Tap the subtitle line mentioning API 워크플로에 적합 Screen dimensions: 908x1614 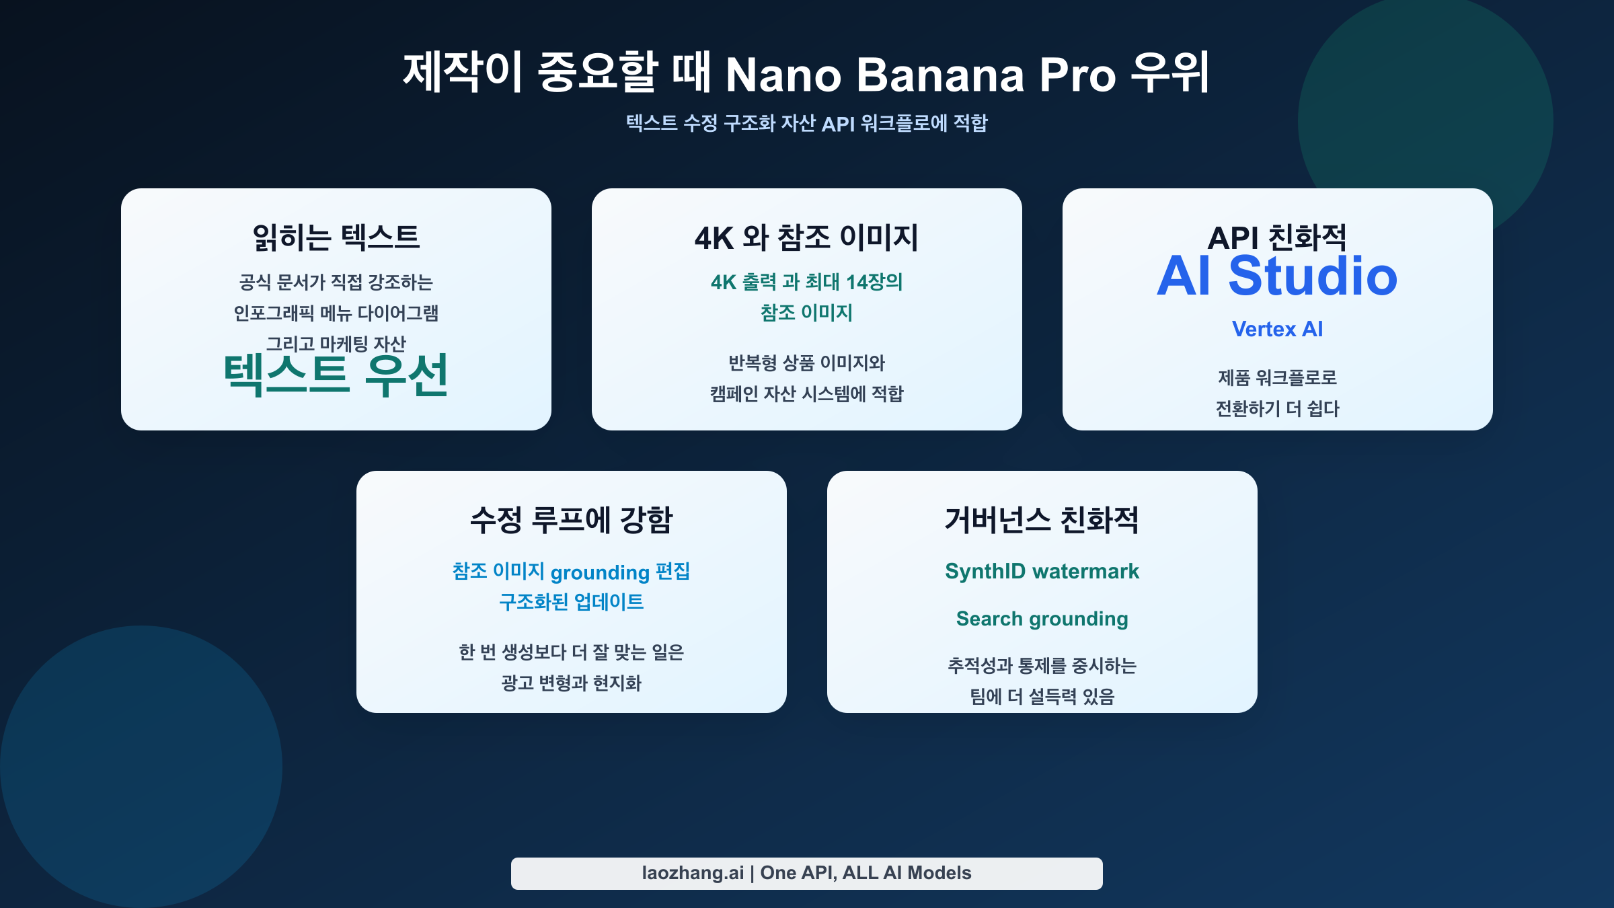tap(807, 123)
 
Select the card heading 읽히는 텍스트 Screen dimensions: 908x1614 tap(336, 237)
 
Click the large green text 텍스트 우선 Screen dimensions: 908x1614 tap(336, 375)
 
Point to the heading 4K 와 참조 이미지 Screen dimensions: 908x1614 tap(807, 237)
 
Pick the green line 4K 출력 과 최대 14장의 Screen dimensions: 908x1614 tap(807, 282)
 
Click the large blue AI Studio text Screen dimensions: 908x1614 tap(1277, 276)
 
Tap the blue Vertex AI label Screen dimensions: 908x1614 tap(1277, 329)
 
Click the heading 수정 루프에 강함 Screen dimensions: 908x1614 tap(572, 520)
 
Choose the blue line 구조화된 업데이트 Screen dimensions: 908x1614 tap(572, 602)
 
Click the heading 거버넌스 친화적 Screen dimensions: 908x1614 tap(1042, 520)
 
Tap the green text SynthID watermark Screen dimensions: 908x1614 tap(1042, 571)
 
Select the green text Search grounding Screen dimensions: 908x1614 tap(1042, 619)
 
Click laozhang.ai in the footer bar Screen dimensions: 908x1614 tap(693, 873)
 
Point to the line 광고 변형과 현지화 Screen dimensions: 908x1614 tap(572, 683)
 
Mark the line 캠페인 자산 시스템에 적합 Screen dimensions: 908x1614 tap(807, 393)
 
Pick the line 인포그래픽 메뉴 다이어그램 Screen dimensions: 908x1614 tap(336, 313)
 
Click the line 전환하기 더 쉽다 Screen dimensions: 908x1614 tap(1277, 408)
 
